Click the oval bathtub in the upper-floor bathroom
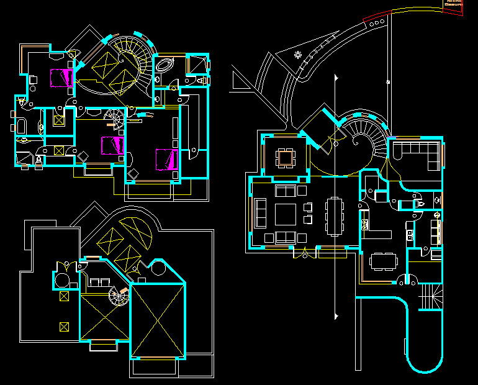click(x=165, y=65)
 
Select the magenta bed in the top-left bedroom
click(x=61, y=78)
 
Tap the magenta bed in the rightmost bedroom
click(x=167, y=158)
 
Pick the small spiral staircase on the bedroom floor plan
click(x=115, y=119)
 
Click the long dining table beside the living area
click(x=335, y=216)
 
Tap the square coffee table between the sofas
click(x=286, y=214)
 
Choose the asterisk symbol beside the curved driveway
click(x=298, y=55)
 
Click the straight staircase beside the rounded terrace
click(x=431, y=297)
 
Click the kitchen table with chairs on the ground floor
click(x=383, y=260)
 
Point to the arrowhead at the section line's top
click(x=335, y=78)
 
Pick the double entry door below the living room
click(x=305, y=253)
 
